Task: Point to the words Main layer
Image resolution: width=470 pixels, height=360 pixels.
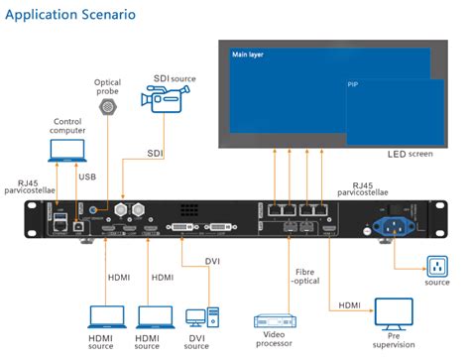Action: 247,55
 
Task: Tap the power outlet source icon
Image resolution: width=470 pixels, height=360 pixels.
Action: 436,267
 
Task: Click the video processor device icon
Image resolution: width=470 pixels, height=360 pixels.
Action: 277,321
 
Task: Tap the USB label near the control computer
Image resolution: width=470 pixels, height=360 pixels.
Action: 87,177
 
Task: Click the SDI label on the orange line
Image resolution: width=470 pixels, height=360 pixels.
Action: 158,154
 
